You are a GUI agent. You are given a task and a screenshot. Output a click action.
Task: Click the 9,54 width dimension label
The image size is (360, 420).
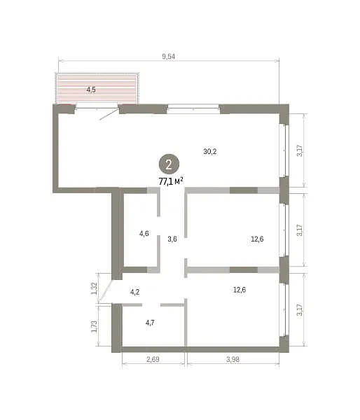point(168,57)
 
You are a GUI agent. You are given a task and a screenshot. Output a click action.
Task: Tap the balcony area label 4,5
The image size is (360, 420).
point(91,90)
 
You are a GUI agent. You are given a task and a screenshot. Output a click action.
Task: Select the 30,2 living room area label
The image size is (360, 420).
point(210,152)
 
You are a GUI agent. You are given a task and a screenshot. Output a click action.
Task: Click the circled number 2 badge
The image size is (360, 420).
point(169,164)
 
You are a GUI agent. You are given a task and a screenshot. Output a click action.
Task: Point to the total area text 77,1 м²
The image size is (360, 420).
point(171,181)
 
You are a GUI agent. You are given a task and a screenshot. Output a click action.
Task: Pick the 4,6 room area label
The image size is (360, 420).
point(144,234)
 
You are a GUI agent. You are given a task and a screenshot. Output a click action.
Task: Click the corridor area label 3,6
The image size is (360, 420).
point(172,239)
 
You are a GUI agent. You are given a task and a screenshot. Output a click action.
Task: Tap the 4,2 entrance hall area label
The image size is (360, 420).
point(135,292)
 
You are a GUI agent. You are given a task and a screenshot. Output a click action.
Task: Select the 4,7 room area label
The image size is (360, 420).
point(150,323)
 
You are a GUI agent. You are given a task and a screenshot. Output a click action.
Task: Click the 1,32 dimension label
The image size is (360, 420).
point(94,288)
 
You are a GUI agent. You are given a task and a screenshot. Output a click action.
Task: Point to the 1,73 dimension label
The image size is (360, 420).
point(94,326)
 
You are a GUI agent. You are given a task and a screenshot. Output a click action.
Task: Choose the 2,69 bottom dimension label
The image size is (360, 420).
point(153,359)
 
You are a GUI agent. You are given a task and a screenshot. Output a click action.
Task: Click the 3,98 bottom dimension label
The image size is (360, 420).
point(233,359)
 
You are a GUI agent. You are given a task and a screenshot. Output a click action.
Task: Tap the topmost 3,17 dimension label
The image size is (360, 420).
point(300,150)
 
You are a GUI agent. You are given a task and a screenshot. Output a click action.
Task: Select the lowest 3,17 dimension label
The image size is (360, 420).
point(300,310)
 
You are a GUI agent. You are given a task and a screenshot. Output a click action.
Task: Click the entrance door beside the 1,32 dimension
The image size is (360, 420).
point(106,291)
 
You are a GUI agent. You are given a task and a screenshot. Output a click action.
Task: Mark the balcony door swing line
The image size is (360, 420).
point(109,114)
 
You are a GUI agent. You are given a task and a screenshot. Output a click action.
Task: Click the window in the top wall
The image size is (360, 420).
point(193,108)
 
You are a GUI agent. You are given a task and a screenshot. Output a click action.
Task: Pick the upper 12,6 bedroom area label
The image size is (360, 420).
point(257,239)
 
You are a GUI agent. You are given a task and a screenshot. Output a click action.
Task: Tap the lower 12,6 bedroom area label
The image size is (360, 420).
point(240,290)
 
